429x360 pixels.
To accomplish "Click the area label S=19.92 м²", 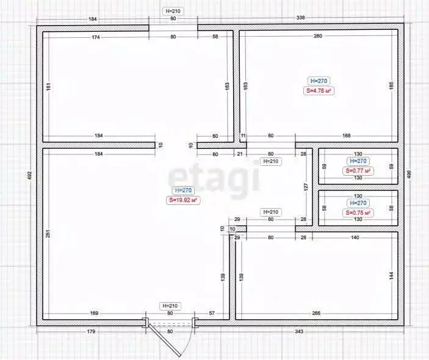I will point(183,200).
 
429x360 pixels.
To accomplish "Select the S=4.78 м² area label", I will point(319,90).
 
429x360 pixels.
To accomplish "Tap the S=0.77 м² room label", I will point(358,171).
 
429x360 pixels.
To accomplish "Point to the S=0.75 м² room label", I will point(358,212).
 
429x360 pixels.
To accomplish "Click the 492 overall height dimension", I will point(28,175).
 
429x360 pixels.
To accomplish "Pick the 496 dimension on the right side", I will point(409,175).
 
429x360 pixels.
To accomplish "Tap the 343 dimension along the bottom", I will point(299,331).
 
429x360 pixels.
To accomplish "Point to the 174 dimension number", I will point(96,37).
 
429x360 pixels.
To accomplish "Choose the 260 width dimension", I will point(318,37).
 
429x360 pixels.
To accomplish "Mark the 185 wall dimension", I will point(391,86).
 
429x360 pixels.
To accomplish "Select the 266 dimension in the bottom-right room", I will point(316,314).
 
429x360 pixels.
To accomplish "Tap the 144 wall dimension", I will point(391,276).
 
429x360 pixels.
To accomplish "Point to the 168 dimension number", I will point(346,136).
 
